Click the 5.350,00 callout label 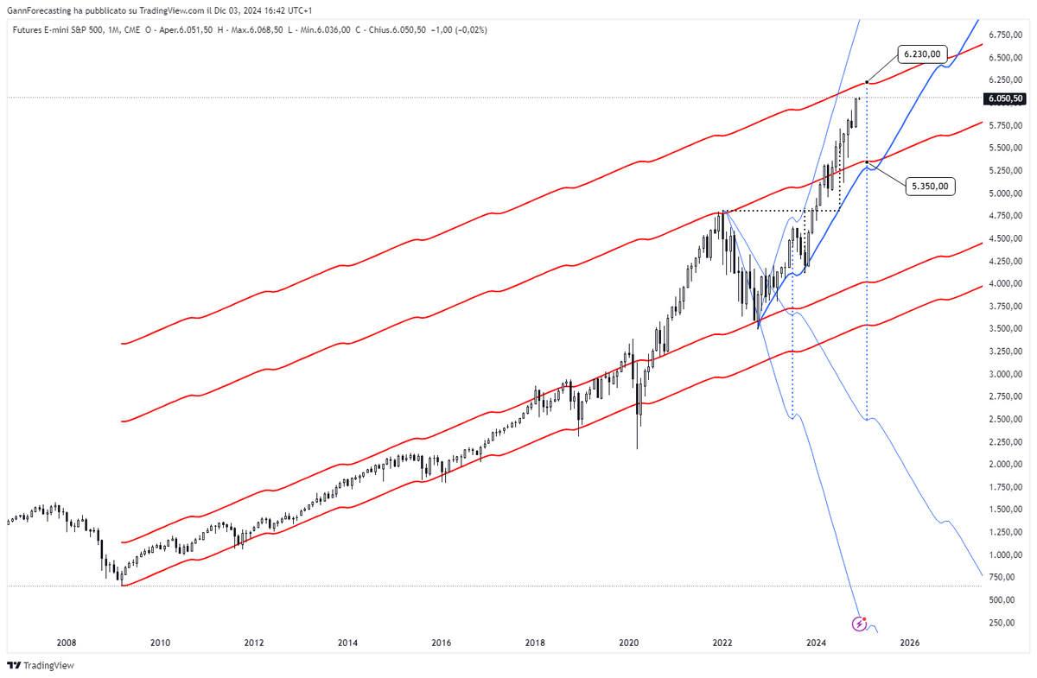932,185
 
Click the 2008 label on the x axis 67,643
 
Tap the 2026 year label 909,643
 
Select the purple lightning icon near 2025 860,624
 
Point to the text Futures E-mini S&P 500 54,29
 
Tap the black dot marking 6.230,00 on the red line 867,82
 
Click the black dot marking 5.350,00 867,162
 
